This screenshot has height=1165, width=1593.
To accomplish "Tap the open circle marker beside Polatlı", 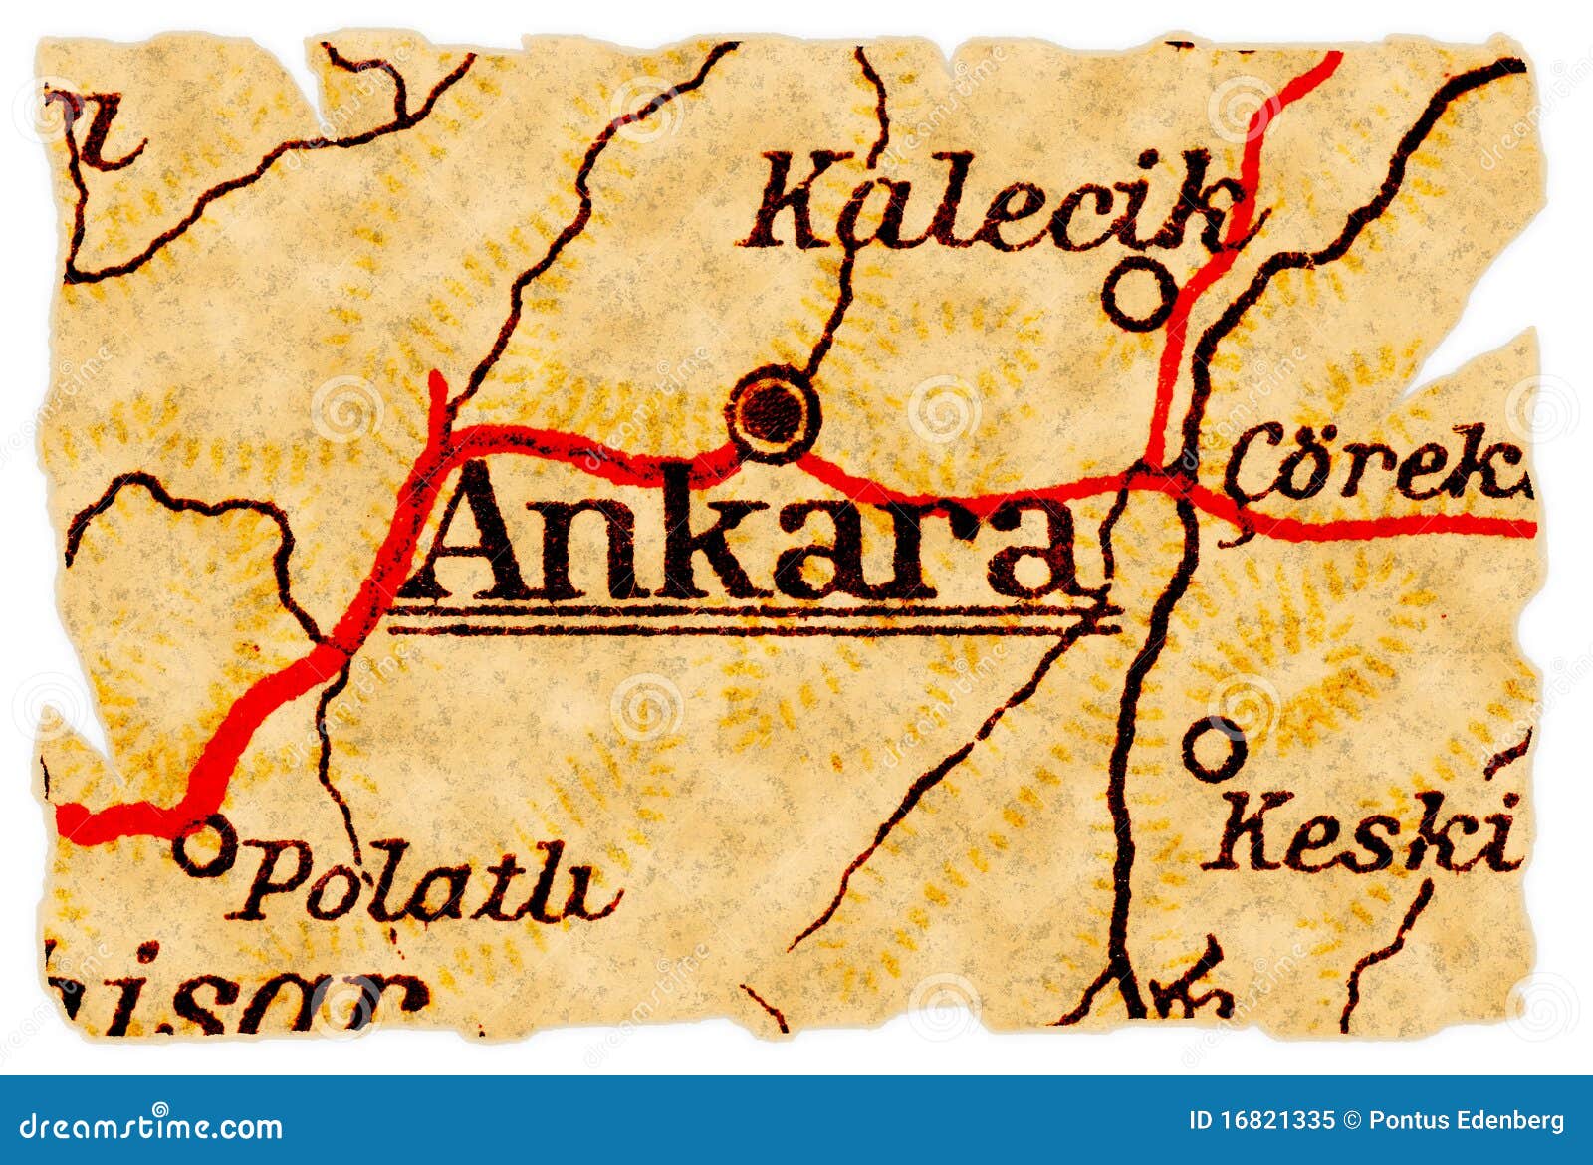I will pyautogui.click(x=205, y=847).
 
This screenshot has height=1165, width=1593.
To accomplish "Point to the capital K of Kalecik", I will pyautogui.click(x=796, y=204).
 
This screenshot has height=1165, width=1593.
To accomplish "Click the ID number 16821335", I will pyautogui.click(x=1276, y=1121).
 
